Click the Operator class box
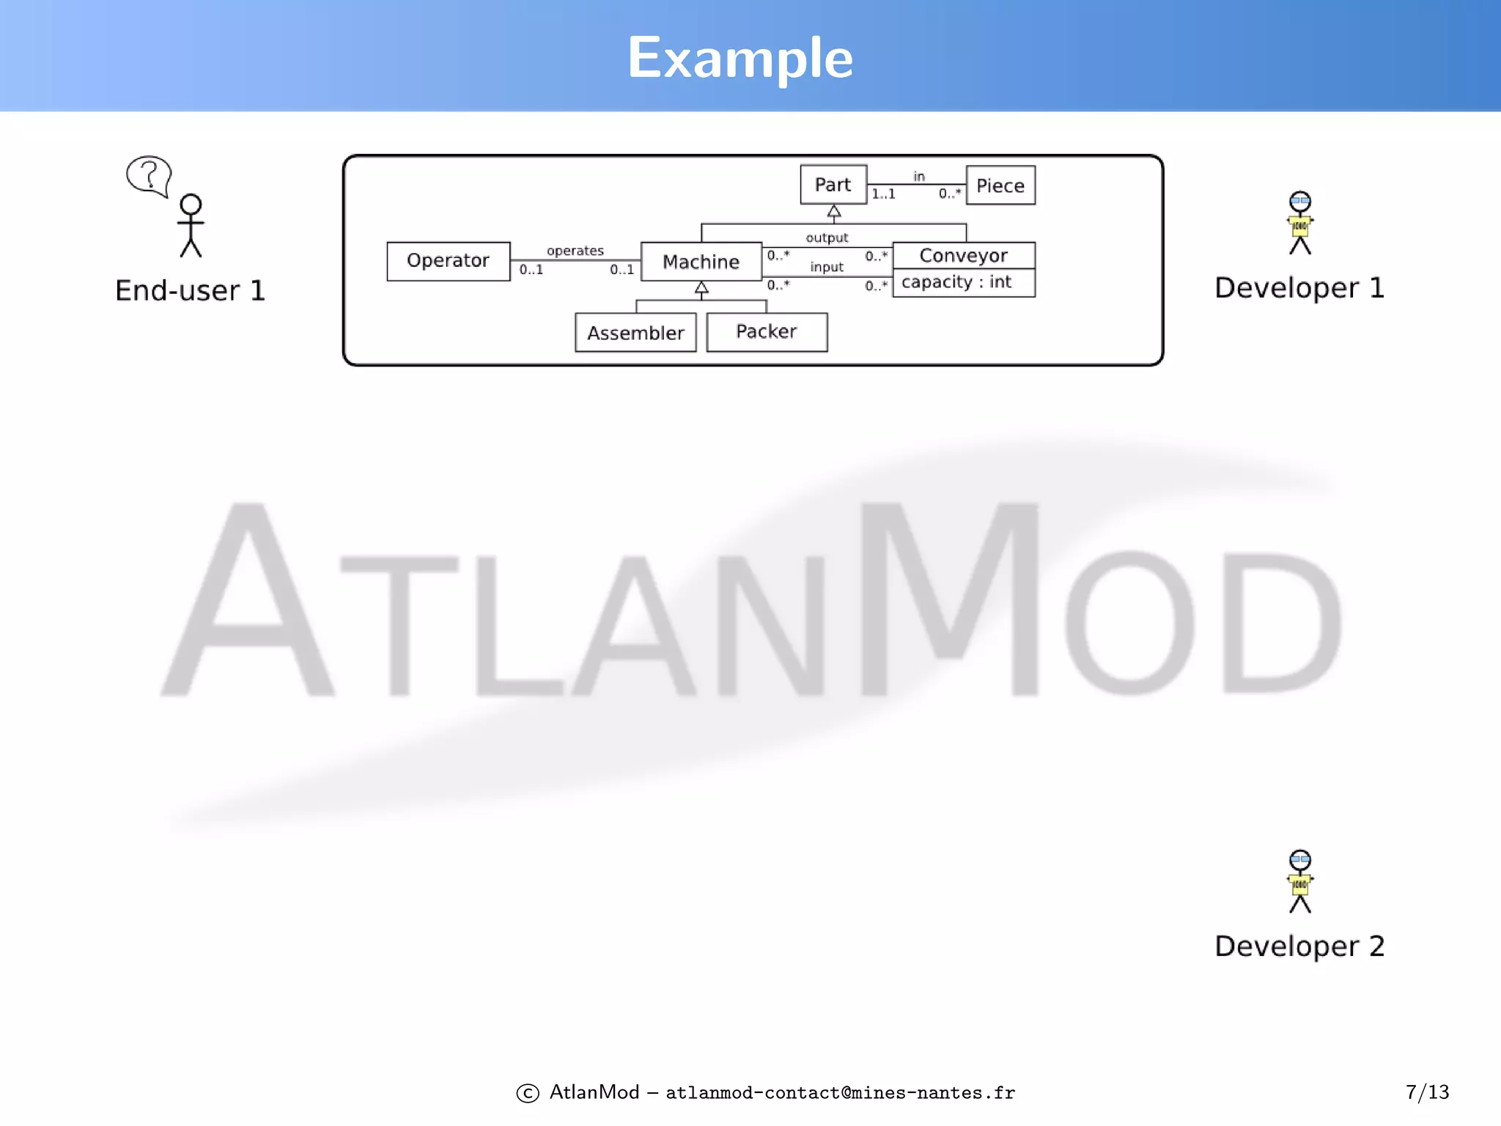tap(448, 261)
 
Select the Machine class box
tap(701, 262)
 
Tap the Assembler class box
tap(635, 333)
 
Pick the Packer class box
tap(767, 332)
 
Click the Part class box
tap(833, 185)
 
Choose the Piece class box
tap(1000, 185)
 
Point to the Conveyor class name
tap(963, 255)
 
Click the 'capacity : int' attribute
tap(956, 282)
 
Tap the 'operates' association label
tap(575, 251)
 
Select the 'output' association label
tap(827, 238)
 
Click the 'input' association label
tap(827, 267)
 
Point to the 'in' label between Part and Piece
tap(919, 176)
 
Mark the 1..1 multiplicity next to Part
tap(883, 194)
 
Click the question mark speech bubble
tap(149, 175)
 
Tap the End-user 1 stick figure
tap(191, 226)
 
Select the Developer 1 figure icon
tap(1300, 223)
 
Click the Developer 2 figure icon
tap(1300, 881)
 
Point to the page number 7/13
tap(1427, 1092)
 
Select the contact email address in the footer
tap(840, 1093)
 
